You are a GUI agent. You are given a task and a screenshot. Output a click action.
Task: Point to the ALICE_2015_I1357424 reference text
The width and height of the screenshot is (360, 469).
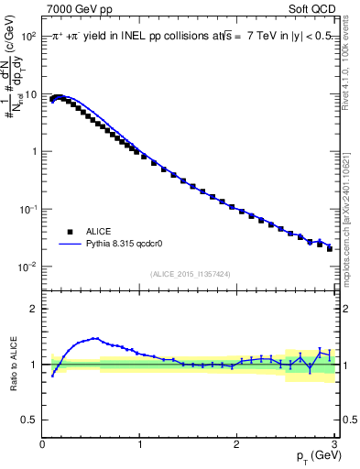click(x=191, y=273)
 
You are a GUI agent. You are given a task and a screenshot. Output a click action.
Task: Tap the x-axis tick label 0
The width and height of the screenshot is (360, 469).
click(x=43, y=444)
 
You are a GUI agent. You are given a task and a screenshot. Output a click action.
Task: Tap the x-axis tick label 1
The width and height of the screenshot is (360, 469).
click(x=140, y=444)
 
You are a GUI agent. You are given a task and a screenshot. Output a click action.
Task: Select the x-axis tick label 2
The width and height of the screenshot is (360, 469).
click(x=237, y=444)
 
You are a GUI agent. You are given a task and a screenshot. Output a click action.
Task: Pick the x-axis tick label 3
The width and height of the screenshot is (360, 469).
click(x=334, y=444)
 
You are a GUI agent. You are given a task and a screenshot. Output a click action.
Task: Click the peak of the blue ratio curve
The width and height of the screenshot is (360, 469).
click(x=94, y=338)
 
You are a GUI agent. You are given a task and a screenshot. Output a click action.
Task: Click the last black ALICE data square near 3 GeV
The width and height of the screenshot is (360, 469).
click(x=330, y=248)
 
